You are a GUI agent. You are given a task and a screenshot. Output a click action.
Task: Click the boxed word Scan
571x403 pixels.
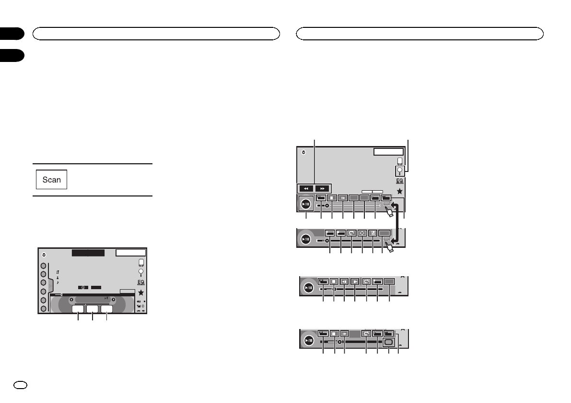pyautogui.click(x=52, y=180)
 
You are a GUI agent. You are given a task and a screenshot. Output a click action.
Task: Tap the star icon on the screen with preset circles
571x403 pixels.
pyautogui.click(x=141, y=293)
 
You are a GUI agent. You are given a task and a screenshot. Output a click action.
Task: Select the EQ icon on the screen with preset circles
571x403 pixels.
pyautogui.click(x=140, y=282)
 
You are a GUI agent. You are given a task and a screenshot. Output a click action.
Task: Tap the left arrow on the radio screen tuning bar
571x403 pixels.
pyautogui.click(x=71, y=300)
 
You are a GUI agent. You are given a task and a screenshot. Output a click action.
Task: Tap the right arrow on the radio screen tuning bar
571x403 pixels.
pyautogui.click(x=114, y=300)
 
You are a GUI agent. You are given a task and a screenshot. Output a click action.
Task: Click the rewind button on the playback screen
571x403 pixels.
pyautogui.click(x=306, y=188)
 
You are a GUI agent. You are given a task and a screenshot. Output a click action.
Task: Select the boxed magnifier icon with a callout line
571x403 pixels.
pyautogui.click(x=399, y=171)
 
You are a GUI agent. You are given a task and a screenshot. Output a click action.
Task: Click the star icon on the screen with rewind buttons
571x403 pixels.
pyautogui.click(x=399, y=191)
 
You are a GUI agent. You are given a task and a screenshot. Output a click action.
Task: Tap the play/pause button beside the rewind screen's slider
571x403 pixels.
pyautogui.click(x=306, y=204)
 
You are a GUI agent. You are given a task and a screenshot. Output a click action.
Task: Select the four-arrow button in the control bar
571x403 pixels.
pyautogui.click(x=362, y=232)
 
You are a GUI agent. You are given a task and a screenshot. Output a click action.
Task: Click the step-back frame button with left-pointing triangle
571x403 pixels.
pyautogui.click(x=344, y=282)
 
